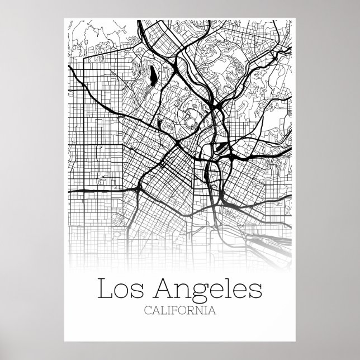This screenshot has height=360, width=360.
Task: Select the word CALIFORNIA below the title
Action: pos(180,311)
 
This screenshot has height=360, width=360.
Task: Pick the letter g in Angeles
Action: pos(199,292)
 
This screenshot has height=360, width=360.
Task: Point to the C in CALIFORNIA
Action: pos(147,311)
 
